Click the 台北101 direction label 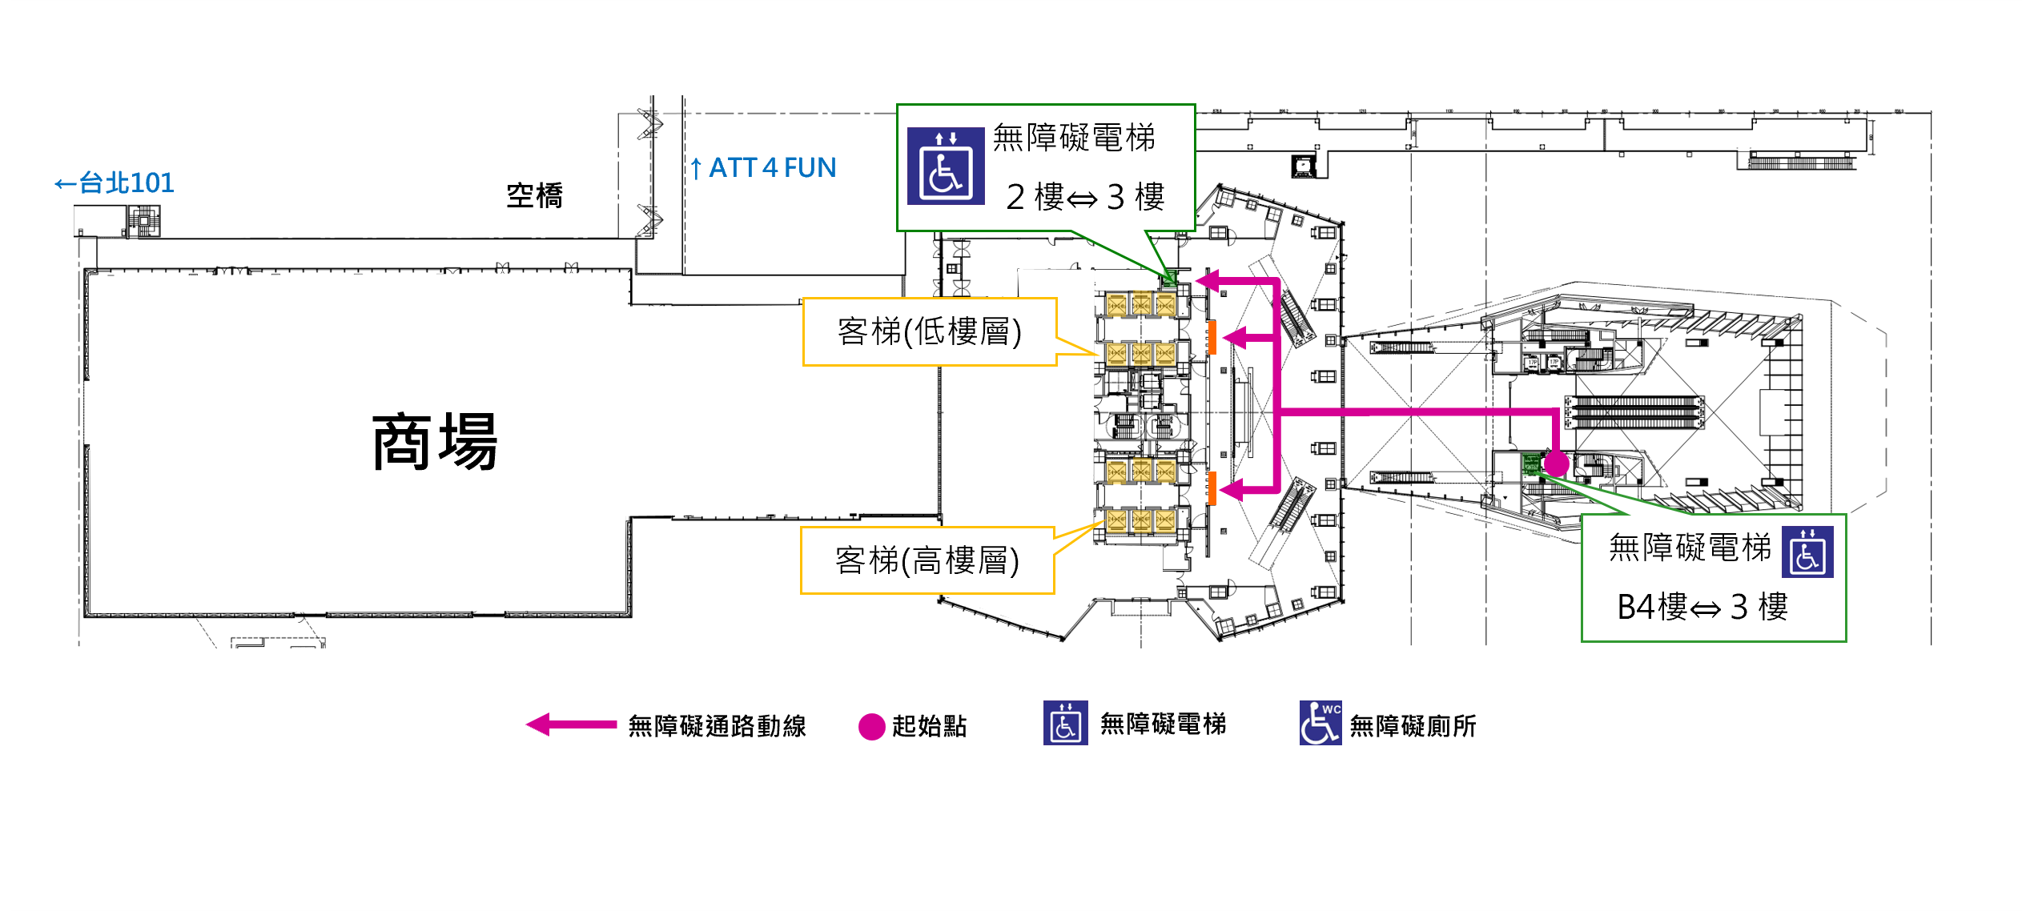115,183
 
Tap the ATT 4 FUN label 764,168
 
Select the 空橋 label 534,195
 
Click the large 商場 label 435,442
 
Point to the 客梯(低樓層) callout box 930,332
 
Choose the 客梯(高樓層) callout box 927,560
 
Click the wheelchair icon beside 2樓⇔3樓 946,167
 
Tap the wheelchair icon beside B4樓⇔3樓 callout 1807,552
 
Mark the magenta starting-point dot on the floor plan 1556,463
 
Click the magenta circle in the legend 871,727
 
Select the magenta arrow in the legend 571,724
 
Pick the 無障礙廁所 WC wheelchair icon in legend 1320,723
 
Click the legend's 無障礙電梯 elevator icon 1065,723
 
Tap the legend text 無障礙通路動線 717,726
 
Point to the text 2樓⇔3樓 1085,197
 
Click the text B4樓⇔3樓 1702,607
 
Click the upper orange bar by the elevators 1212,338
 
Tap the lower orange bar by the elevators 1212,488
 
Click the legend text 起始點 930,726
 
